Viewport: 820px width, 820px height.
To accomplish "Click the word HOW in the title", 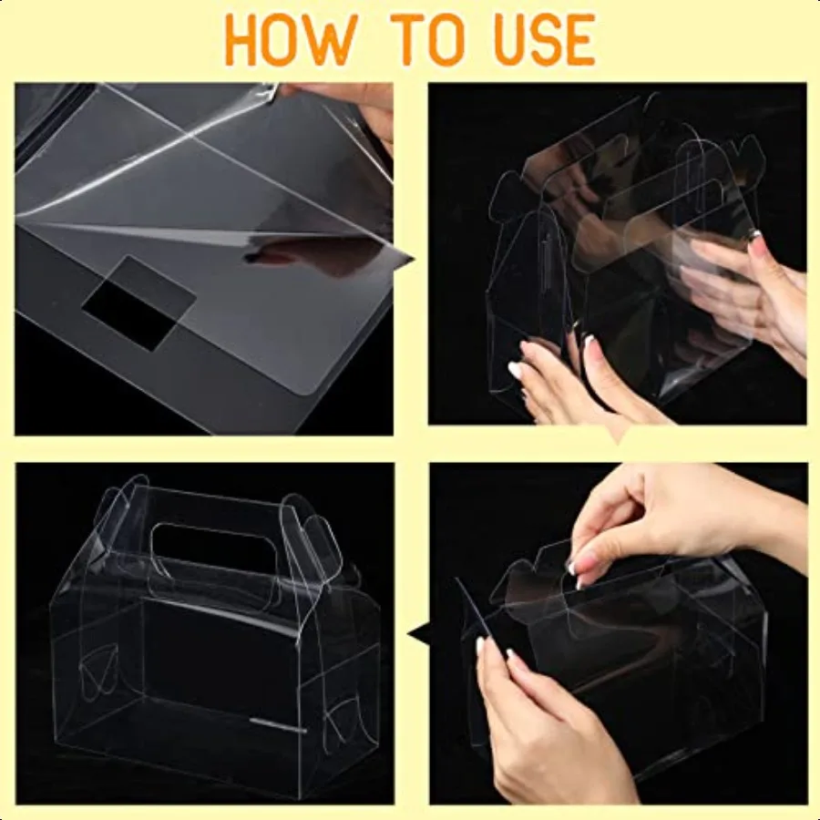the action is click(x=292, y=40).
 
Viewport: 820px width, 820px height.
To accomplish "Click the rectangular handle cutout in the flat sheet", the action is click(x=139, y=302).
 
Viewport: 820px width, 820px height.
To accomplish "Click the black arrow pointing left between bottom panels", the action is click(x=418, y=634).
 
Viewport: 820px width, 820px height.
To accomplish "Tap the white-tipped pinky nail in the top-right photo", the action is click(x=515, y=370).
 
